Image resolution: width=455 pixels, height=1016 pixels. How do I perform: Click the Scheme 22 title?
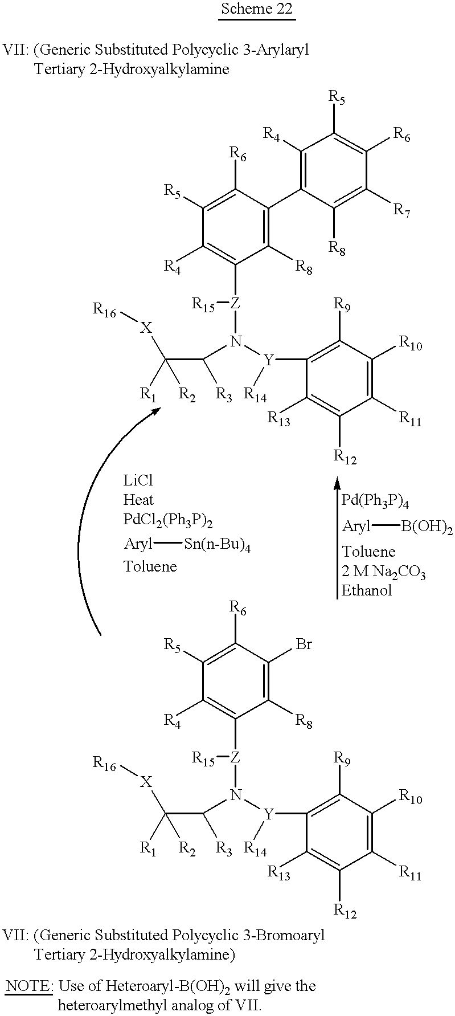(257, 9)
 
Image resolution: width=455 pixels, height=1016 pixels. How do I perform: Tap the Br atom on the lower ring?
(304, 644)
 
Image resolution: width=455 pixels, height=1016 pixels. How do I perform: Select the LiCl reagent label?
(138, 481)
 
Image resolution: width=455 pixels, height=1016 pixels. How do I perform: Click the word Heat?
(138, 500)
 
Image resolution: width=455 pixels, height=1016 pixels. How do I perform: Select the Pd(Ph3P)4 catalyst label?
(376, 501)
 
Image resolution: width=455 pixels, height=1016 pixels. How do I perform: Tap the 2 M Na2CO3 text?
(384, 572)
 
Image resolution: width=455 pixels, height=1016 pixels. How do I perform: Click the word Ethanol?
(367, 590)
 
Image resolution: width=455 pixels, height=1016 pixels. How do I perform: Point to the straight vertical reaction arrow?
(335, 538)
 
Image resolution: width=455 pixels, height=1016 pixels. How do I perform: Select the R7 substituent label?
(401, 210)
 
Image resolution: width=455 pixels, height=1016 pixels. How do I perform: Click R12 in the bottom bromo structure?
(345, 911)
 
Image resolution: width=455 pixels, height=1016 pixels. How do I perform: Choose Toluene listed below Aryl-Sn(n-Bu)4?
(150, 566)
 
